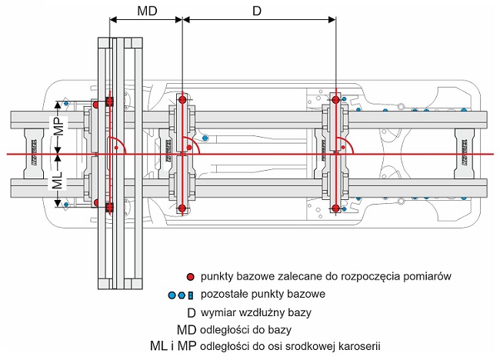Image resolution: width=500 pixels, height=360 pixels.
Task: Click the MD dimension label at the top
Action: [x=147, y=12]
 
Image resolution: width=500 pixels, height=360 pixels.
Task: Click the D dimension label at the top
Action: [x=257, y=12]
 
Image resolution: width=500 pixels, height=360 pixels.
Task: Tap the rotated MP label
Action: [x=60, y=126]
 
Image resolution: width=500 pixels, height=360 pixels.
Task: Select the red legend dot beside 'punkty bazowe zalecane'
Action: [x=190, y=277]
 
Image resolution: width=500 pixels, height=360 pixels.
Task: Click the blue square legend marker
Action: [x=190, y=295]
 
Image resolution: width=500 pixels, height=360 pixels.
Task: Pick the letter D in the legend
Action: [x=192, y=313]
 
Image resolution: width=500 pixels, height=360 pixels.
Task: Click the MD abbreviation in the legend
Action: [x=187, y=330]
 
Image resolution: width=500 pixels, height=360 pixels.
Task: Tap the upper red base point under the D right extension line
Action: [x=335, y=99]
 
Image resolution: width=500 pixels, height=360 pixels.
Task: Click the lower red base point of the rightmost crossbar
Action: [x=335, y=208]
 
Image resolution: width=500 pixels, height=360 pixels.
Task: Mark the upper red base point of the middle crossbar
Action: [x=182, y=100]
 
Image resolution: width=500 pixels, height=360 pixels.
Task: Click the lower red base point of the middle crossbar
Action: [x=182, y=208]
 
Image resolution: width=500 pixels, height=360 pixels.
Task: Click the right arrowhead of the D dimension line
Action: [x=332, y=20]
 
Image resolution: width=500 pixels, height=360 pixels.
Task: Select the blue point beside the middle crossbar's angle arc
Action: [x=205, y=138]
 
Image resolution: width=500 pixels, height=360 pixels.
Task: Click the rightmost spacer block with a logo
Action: [x=465, y=154]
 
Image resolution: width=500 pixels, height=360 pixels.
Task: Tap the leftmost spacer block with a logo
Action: [x=34, y=153]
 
